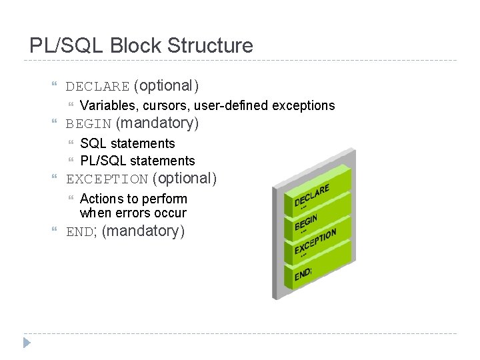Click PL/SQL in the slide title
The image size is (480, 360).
coord(64,45)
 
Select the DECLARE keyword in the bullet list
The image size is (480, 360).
coord(97,86)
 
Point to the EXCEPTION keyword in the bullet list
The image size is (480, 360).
coord(107,179)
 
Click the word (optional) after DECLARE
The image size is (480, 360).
coord(166,85)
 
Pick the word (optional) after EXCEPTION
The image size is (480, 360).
coord(185,179)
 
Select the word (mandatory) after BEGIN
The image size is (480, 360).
coord(157,123)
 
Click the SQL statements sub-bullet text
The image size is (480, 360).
coord(127,143)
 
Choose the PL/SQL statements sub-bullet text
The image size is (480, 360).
coord(137,161)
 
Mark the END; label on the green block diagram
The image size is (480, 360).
coord(303,273)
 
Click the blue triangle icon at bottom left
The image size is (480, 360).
coord(27,343)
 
